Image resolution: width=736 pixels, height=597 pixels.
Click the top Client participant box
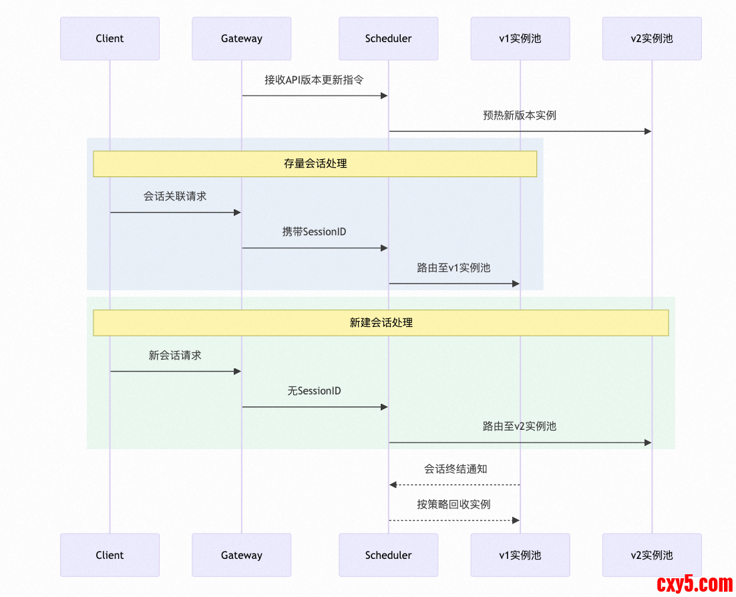pos(110,39)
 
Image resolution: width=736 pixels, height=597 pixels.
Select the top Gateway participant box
pos(241,39)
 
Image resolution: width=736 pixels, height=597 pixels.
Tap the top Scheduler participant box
pos(388,39)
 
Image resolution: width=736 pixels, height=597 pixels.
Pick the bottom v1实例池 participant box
pos(520,555)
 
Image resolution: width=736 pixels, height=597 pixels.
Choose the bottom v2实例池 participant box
pos(651,555)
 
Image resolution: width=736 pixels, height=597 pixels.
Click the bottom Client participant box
pos(110,555)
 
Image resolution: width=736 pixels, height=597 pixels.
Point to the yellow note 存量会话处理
pos(315,164)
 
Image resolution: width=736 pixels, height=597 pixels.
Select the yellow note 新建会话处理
pos(381,323)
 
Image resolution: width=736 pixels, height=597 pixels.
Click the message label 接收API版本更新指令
pos(314,80)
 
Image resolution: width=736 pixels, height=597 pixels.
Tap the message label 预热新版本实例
pos(519,116)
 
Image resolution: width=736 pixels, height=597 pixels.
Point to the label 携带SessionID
pos(314,232)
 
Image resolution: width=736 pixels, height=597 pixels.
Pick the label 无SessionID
pos(314,391)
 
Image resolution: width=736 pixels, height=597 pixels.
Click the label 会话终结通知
pos(455,469)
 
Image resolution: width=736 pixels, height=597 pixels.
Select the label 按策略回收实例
pos(453,505)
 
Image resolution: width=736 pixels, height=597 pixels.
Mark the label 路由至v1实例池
pos(453,268)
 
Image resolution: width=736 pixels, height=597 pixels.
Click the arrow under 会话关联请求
pos(175,213)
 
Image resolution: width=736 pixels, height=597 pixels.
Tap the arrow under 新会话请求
pos(175,371)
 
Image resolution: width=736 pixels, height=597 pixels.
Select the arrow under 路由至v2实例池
pos(519,443)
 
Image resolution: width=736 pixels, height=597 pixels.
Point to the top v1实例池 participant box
pos(520,39)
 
